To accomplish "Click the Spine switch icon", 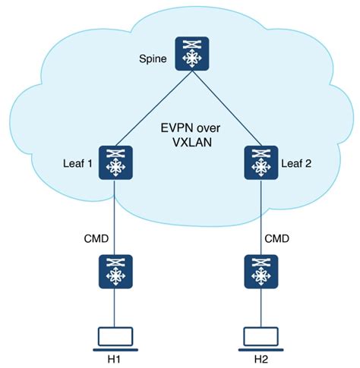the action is [x=192, y=54].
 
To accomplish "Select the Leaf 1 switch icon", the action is [x=115, y=162].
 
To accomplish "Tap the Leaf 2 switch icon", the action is [x=261, y=162].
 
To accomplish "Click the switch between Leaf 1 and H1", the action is [x=115, y=272].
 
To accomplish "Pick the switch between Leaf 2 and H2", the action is [x=261, y=272].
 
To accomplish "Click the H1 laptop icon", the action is [x=115, y=339].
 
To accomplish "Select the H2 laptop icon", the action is [x=261, y=339].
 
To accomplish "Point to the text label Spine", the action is [x=153, y=59].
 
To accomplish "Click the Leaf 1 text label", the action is [x=77, y=164].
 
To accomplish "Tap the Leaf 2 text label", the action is [x=296, y=164].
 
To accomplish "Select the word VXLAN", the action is [x=192, y=143].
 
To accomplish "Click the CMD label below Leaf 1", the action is [x=96, y=238].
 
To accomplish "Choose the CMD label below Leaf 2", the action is [x=276, y=238].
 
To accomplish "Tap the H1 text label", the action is [x=114, y=359].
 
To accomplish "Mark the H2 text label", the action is [x=261, y=359].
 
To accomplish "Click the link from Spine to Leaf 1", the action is [x=154, y=109].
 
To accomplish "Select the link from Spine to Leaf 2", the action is [x=226, y=109].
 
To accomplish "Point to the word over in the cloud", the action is [x=207, y=128].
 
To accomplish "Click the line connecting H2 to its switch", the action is [x=261, y=308].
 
